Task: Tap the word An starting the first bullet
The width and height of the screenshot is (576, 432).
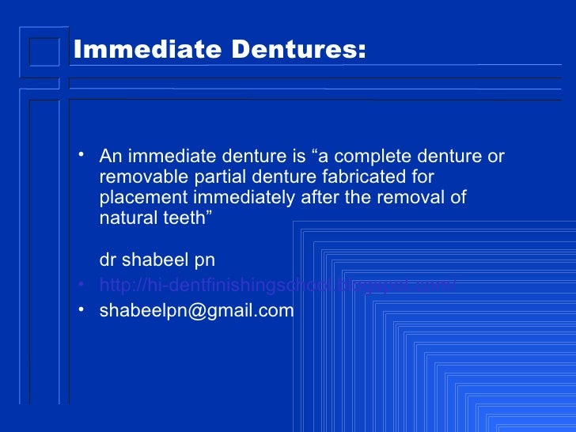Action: [x=111, y=156]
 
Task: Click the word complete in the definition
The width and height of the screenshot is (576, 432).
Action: [x=373, y=156]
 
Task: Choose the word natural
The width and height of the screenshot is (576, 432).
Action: [x=127, y=218]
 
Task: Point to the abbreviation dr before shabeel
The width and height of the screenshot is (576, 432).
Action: [x=108, y=260]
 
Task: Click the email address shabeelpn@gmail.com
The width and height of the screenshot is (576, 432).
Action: [x=196, y=311]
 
